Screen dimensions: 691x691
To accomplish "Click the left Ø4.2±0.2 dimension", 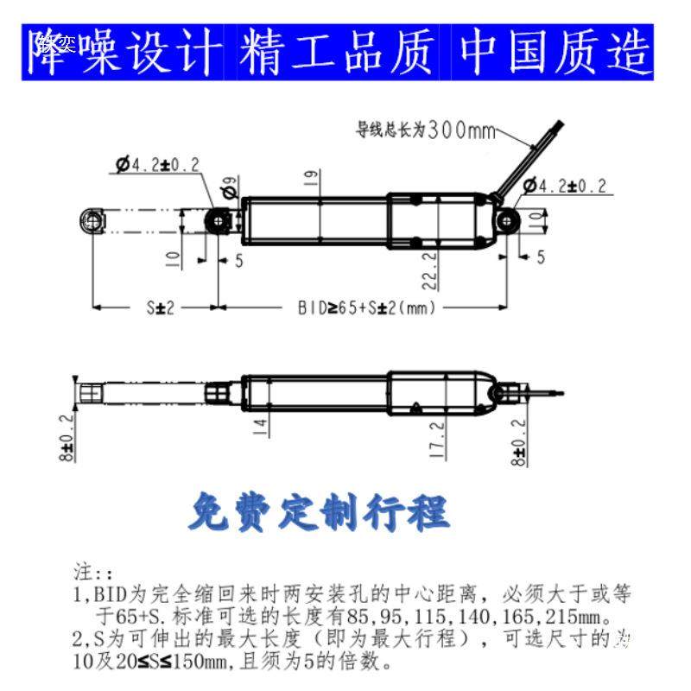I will (157, 164).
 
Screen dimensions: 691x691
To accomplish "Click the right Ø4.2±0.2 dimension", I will (566, 186).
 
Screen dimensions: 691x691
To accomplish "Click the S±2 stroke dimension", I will (159, 307).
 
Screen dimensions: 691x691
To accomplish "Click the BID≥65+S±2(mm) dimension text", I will (367, 307).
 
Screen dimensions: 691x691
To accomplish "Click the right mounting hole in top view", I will (507, 221).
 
